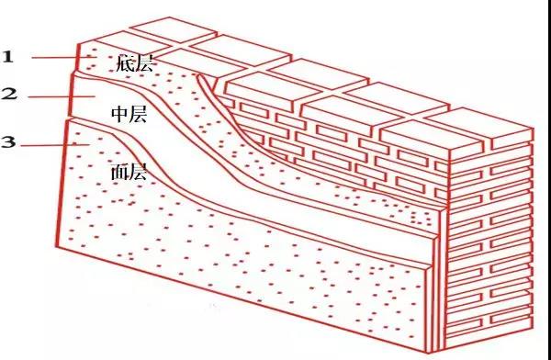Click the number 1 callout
tap(7, 56)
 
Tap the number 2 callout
tap(8, 94)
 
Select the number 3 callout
tap(8, 142)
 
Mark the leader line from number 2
tap(60, 96)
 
